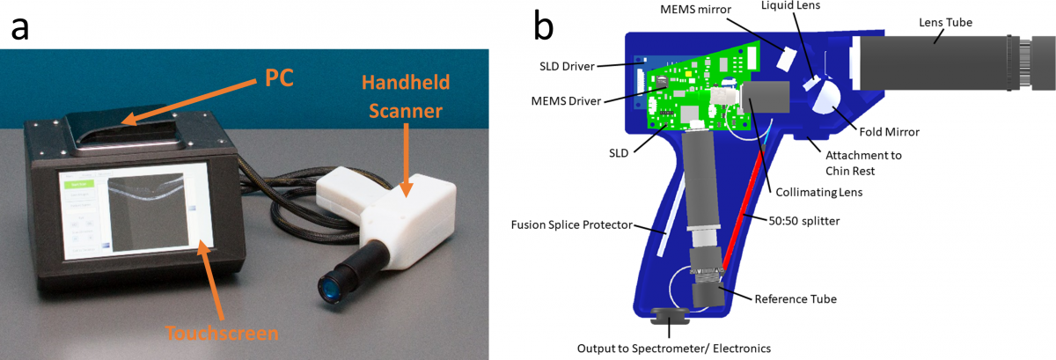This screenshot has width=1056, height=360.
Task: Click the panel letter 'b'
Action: pos(544,26)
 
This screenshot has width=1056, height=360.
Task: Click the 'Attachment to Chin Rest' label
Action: pos(876,163)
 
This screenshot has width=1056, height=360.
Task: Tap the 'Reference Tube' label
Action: pos(796,298)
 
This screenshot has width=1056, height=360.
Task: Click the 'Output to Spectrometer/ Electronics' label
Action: pos(673,348)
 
